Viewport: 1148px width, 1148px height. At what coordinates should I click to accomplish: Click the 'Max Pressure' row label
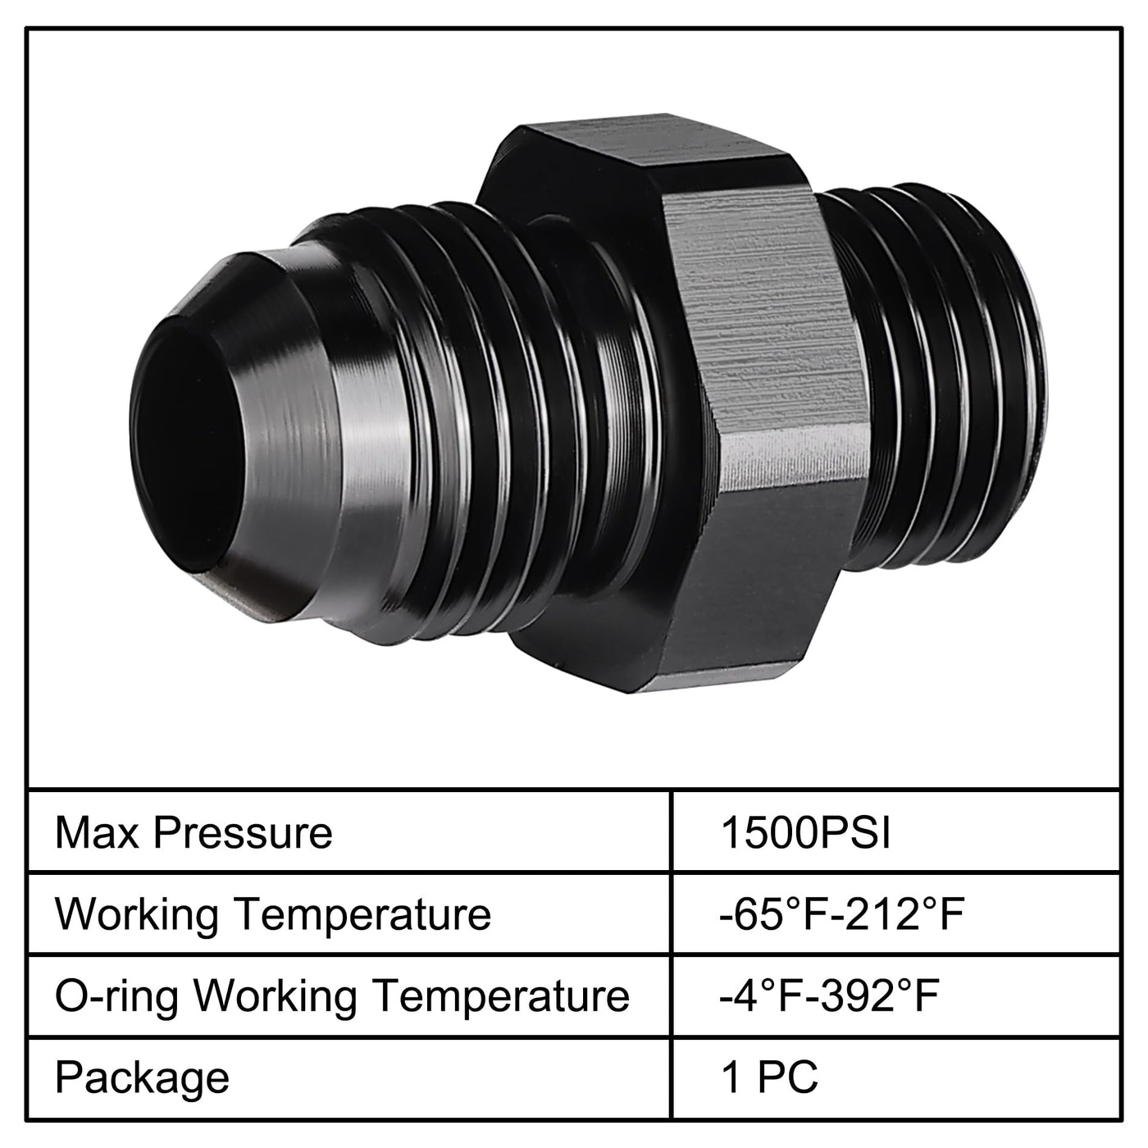[194, 833]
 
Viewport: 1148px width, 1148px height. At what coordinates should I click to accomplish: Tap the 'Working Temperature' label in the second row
[273, 914]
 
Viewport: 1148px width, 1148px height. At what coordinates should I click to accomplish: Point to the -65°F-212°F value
[841, 913]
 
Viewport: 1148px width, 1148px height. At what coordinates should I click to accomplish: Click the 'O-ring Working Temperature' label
[342, 996]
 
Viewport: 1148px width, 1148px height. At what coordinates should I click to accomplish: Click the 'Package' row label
[142, 1077]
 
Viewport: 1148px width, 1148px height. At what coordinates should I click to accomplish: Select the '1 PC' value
[769, 1077]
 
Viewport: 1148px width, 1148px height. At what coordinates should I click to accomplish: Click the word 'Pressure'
[243, 833]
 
